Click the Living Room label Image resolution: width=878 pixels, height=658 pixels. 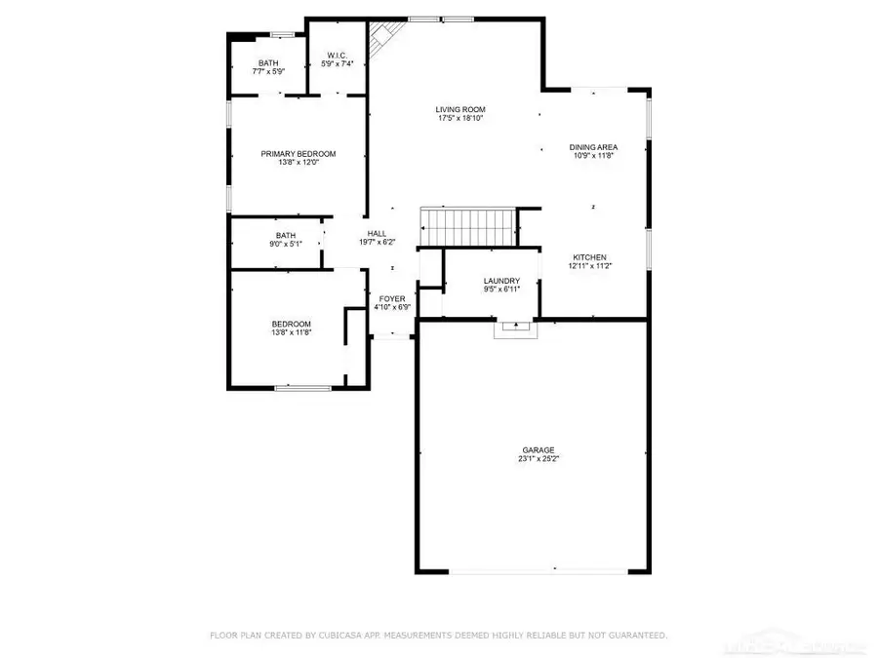tap(460, 109)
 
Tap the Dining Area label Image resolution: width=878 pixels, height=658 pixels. tap(593, 147)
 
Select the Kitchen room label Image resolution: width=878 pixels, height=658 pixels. tap(589, 256)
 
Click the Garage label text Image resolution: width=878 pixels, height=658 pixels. tap(538, 450)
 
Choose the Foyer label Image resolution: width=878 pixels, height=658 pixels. tap(392, 298)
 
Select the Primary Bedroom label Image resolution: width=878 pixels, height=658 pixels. tap(298, 154)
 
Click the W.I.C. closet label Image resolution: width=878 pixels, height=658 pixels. tap(337, 56)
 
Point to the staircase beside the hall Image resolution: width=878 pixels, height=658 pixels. tap(466, 227)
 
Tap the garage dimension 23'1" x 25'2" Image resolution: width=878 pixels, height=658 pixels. tap(538, 459)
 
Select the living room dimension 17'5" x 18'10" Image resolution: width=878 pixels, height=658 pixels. tap(460, 118)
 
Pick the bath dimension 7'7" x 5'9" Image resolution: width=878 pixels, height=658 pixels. tap(268, 71)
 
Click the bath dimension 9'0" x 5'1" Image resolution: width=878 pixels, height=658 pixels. tap(285, 244)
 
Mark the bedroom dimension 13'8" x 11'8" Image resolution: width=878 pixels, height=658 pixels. tap(291, 332)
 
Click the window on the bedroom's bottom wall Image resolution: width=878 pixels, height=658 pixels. tap(301, 388)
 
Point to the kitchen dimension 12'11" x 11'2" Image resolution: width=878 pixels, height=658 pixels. tap(589, 265)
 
